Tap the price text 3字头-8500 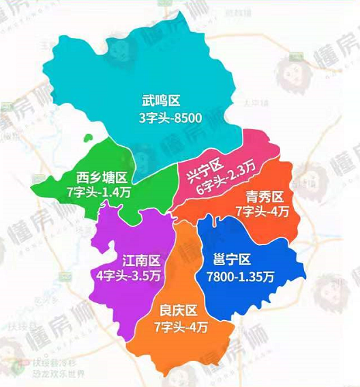[x=170, y=119]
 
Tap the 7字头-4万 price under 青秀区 [x=262, y=212]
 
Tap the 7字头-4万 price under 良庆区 [x=181, y=326]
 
